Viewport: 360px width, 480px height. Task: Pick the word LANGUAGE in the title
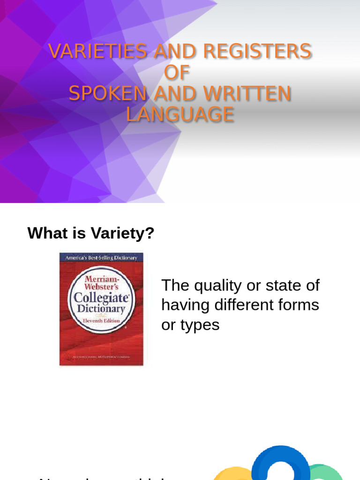click(180, 115)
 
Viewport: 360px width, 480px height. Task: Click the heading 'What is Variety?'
click(91, 233)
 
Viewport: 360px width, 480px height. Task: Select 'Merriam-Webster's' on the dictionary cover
click(101, 283)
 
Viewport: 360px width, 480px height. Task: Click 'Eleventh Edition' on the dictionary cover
click(101, 321)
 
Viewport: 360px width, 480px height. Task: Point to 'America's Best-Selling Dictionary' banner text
click(101, 257)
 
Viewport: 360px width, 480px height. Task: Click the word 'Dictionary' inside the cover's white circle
click(102, 309)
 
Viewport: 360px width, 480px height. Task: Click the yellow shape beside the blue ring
click(234, 473)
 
